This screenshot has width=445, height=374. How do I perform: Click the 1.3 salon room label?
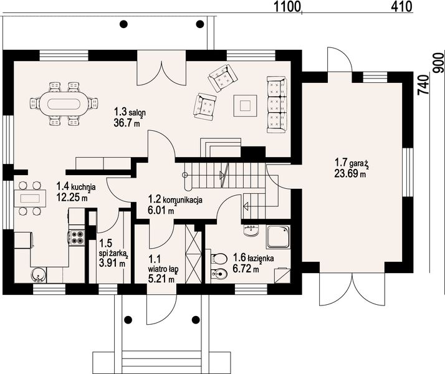[130, 112]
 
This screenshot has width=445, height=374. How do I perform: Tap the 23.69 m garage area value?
[350, 173]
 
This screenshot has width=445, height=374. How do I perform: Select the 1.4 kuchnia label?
[76, 187]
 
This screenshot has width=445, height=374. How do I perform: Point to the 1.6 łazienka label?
[254, 258]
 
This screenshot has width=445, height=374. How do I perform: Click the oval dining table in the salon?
[64, 103]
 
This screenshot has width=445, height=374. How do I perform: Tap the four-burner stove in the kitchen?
[77, 237]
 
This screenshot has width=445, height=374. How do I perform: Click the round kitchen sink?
[38, 275]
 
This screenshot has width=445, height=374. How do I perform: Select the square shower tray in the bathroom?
[278, 237]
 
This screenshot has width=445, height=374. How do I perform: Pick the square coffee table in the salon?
[245, 106]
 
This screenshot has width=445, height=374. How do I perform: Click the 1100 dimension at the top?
[287, 7]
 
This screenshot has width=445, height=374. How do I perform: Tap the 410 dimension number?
[401, 6]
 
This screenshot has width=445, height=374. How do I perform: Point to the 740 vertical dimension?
[423, 85]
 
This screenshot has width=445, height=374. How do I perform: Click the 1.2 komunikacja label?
[175, 199]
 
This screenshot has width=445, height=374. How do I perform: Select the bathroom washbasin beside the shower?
[251, 230]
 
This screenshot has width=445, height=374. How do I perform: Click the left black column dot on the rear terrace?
[123, 24]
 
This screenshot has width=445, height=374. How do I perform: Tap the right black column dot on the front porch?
[196, 320]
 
